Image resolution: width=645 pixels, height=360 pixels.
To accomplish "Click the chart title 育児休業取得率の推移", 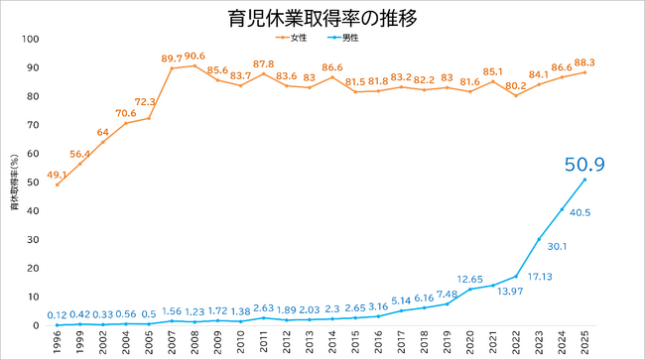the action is pyautogui.click(x=322, y=19).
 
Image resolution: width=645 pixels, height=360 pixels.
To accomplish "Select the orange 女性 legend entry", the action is pyautogui.click(x=291, y=38).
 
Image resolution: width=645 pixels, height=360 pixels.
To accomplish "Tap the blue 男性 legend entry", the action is pyautogui.click(x=343, y=38).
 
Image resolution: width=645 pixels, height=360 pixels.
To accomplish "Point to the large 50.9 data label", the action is pyautogui.click(x=584, y=165).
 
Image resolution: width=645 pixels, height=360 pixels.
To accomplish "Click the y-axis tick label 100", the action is pyautogui.click(x=31, y=39).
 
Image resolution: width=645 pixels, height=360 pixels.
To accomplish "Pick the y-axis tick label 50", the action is pyautogui.click(x=33, y=182).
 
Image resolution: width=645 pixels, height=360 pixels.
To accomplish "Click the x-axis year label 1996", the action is pyautogui.click(x=57, y=342).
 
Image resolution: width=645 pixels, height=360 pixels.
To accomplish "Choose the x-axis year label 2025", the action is pyautogui.click(x=584, y=342).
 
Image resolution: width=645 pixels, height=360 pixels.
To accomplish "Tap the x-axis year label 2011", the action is pyautogui.click(x=263, y=342).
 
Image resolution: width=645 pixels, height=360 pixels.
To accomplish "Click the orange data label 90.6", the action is pyautogui.click(x=194, y=56).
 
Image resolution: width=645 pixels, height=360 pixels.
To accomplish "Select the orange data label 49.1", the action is pyautogui.click(x=57, y=176).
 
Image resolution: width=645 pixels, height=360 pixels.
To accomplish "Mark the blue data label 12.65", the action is pyautogui.click(x=469, y=280).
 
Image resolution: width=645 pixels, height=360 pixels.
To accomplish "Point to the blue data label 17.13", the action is pyautogui.click(x=540, y=277).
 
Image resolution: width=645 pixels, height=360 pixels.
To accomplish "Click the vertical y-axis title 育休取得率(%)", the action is pyautogui.click(x=15, y=182).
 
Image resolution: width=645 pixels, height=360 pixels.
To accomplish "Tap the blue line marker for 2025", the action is pyautogui.click(x=584, y=180).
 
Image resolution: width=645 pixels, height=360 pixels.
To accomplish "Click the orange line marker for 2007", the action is pyautogui.click(x=172, y=68).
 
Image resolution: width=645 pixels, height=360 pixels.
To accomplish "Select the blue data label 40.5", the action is pyautogui.click(x=580, y=213).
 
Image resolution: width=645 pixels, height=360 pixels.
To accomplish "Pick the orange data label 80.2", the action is pyautogui.click(x=516, y=86).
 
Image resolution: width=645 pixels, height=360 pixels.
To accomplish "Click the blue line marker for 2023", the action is pyautogui.click(x=539, y=239).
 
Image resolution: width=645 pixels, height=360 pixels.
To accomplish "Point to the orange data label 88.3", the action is pyautogui.click(x=584, y=62).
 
